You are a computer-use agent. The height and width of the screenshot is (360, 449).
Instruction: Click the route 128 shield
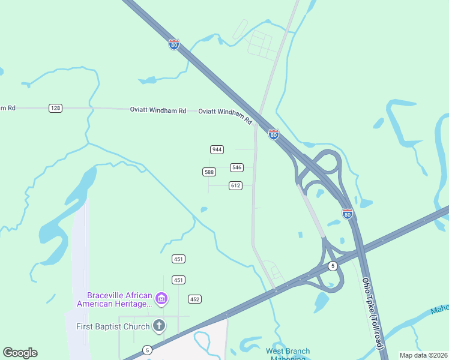[55, 108]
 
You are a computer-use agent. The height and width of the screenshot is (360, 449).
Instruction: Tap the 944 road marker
[217, 149]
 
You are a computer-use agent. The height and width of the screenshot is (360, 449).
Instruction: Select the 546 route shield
[237, 167]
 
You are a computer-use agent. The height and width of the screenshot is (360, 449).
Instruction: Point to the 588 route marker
[209, 172]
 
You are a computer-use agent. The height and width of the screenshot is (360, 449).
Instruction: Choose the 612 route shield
[235, 186]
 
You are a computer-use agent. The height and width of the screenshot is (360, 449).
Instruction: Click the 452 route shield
[194, 299]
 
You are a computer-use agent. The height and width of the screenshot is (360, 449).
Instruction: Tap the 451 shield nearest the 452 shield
[178, 280]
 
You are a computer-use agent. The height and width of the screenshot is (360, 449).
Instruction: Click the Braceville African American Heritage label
[114, 299]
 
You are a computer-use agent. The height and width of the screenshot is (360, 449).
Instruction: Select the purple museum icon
[160, 298]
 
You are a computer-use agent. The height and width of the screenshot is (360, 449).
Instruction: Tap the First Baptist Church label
[112, 326]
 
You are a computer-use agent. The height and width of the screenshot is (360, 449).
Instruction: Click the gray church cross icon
[159, 326]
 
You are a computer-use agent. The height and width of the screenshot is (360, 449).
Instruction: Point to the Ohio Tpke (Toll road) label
[372, 314]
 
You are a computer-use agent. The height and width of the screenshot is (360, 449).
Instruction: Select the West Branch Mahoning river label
[288, 354]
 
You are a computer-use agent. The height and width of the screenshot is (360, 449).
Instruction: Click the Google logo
[20, 353]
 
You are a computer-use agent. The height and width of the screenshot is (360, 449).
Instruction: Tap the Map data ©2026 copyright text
[423, 355]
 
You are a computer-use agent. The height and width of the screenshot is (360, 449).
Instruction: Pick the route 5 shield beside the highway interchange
[333, 265]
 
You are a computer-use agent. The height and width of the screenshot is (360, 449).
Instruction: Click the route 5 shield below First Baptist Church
[147, 349]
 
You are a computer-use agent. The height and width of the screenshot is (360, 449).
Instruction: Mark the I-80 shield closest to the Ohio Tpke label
[347, 213]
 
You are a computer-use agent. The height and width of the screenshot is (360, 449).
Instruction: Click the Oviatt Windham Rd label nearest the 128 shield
[158, 110]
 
